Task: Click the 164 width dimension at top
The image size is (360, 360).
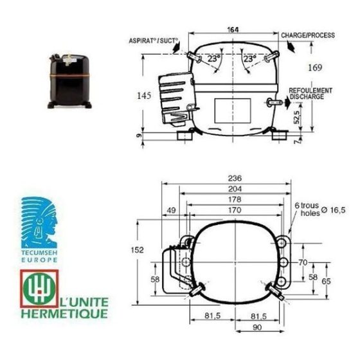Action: point(233,30)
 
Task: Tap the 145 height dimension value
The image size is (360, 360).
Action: point(144,96)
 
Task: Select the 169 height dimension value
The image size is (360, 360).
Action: point(315,67)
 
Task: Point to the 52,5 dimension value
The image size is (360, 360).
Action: point(297,117)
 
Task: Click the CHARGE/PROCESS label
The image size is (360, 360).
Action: point(308,35)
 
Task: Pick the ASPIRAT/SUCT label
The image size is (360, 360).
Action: point(154,41)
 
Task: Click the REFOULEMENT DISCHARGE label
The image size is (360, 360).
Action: point(310,94)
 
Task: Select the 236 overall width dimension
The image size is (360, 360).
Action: point(235,178)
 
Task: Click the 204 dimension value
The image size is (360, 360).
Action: point(235,189)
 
